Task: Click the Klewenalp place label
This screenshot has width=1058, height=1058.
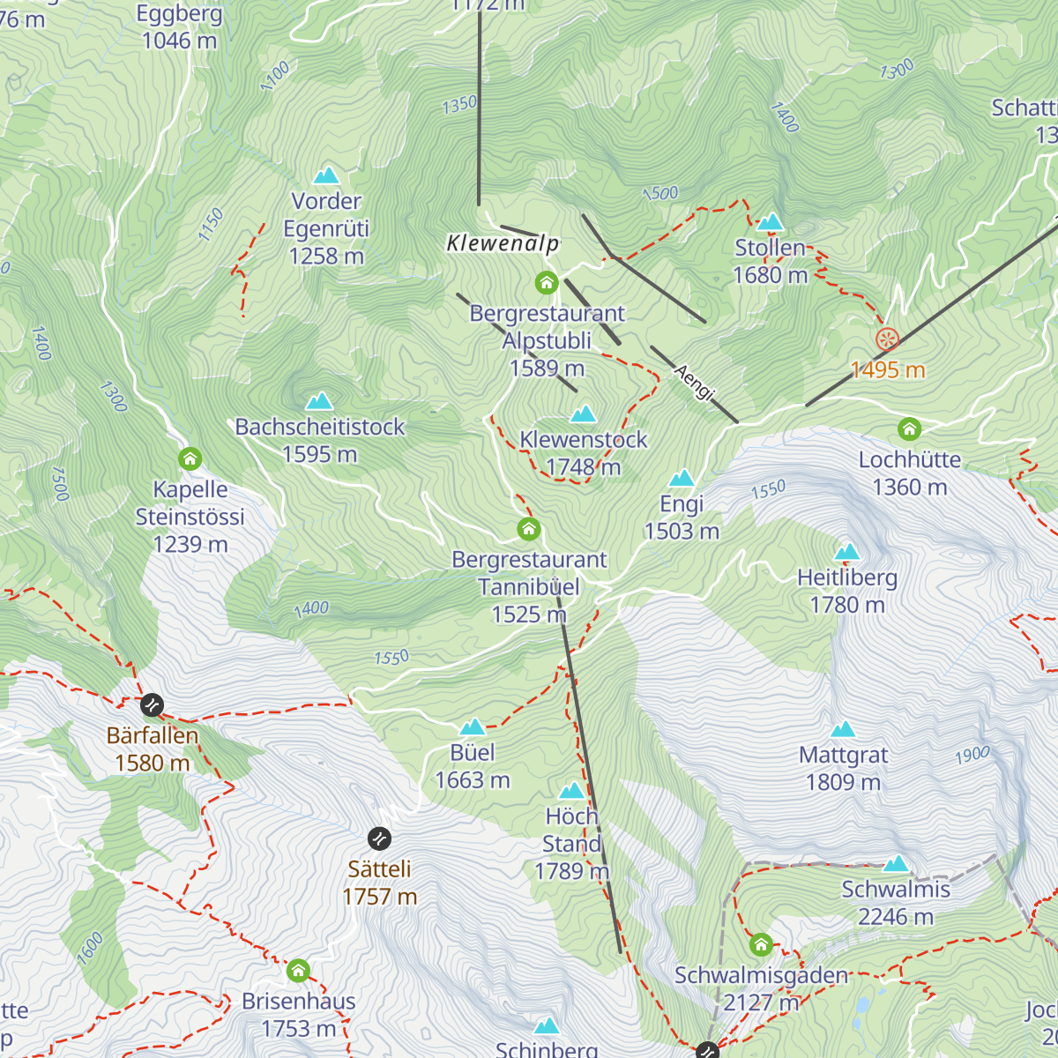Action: (503, 243)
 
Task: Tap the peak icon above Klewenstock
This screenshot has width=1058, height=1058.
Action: (583, 414)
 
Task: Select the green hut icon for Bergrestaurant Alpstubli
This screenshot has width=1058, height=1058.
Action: (547, 283)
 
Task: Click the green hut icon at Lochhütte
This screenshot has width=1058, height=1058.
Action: (909, 429)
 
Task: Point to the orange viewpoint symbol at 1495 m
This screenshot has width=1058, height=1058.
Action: (887, 339)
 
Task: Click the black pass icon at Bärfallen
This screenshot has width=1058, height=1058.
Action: (153, 705)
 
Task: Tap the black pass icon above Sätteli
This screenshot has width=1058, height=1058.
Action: (379, 838)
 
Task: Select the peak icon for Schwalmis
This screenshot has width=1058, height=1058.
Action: (896, 863)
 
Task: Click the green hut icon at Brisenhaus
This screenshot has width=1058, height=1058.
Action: (298, 971)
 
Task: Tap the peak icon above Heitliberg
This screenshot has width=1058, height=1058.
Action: (847, 552)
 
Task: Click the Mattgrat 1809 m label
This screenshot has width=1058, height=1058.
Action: (843, 768)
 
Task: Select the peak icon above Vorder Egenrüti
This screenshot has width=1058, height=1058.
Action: (326, 175)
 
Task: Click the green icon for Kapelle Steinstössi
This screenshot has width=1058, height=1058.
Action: (190, 458)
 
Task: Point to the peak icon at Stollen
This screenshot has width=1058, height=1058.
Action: (771, 221)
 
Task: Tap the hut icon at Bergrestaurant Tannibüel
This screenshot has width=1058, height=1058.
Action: (528, 529)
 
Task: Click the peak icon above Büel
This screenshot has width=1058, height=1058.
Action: (473, 726)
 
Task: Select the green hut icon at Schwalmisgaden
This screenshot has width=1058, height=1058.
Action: (761, 946)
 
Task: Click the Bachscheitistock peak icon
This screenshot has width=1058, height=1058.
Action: (319, 401)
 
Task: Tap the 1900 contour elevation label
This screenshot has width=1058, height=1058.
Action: (972, 756)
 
